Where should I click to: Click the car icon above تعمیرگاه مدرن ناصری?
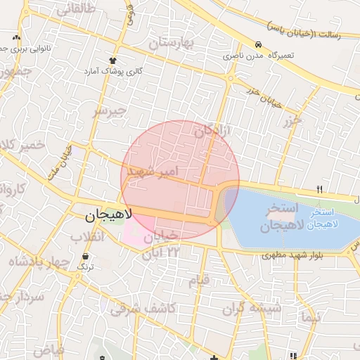[x=259, y=44]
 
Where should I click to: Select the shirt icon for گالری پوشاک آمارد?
[x=112, y=60]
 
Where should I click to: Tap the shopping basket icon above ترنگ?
[x=85, y=257]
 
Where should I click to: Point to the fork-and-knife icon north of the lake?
[x=320, y=189]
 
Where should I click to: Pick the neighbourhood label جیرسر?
[x=110, y=110]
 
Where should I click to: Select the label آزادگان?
[x=213, y=129]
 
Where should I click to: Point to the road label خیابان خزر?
[x=264, y=96]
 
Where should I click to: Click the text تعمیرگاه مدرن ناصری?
[x=259, y=55]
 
